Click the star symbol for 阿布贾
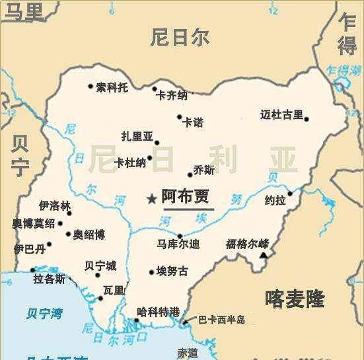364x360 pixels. (x=152, y=198)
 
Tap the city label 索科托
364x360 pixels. (x=112, y=87)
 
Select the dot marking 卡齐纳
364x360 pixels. (x=155, y=89)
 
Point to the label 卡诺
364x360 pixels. (x=193, y=122)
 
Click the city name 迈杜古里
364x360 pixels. (x=281, y=115)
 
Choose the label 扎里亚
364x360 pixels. (x=136, y=137)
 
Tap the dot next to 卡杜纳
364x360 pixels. (x=150, y=158)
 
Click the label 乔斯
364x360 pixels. (x=204, y=170)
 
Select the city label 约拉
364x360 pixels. (x=275, y=199)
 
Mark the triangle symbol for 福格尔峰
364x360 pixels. (x=264, y=254)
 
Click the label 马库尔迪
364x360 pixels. (x=178, y=244)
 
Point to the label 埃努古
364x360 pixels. (x=172, y=271)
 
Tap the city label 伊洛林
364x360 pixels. (x=54, y=206)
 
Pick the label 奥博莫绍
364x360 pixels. (x=34, y=223)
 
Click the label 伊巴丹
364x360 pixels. (x=30, y=248)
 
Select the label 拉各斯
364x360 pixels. (x=49, y=279)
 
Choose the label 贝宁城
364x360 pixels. (x=100, y=266)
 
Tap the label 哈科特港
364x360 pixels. (x=158, y=311)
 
